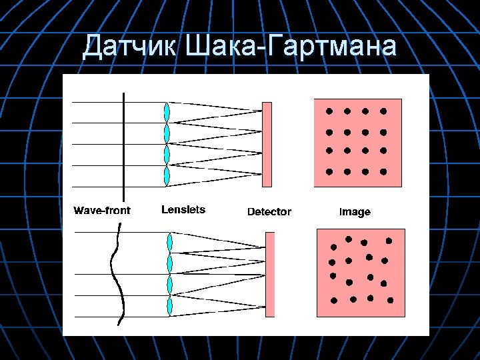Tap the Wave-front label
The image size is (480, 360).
[102, 211]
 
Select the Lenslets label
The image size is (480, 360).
[183, 209]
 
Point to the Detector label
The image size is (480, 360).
[269, 211]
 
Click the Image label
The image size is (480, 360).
[355, 212]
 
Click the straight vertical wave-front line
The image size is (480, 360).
[124, 143]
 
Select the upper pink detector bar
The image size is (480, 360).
[267, 144]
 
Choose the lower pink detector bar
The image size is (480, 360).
[269, 273]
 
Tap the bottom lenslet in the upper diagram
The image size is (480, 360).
[167, 176]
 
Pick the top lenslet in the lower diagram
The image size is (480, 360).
[170, 242]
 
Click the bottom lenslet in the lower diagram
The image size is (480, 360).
[170, 306]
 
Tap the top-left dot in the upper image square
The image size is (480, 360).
[329, 111]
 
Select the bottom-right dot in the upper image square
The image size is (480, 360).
[384, 172]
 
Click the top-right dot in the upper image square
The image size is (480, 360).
[384, 111]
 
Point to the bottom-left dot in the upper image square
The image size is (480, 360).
[329, 172]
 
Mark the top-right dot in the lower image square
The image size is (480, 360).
[389, 240]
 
